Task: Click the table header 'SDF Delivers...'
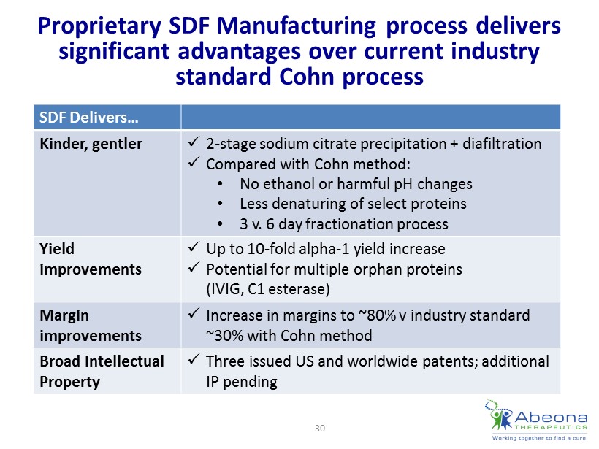tap(88, 118)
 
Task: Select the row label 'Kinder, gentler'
tap(91, 144)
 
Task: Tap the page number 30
tap(320, 428)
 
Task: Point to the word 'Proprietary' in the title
tap(99, 26)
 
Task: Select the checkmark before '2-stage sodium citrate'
tap(194, 143)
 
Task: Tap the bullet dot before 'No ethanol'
tap(220, 184)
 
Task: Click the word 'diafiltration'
tap(502, 144)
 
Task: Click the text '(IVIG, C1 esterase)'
tap(268, 289)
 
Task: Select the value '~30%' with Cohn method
tap(225, 336)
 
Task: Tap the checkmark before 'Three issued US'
tap(194, 359)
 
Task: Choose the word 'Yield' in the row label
tap(57, 249)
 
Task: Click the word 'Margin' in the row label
tap(64, 315)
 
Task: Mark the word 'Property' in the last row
tap(70, 382)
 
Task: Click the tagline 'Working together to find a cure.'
tap(539, 438)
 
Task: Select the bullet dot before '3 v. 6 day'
tap(220, 224)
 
